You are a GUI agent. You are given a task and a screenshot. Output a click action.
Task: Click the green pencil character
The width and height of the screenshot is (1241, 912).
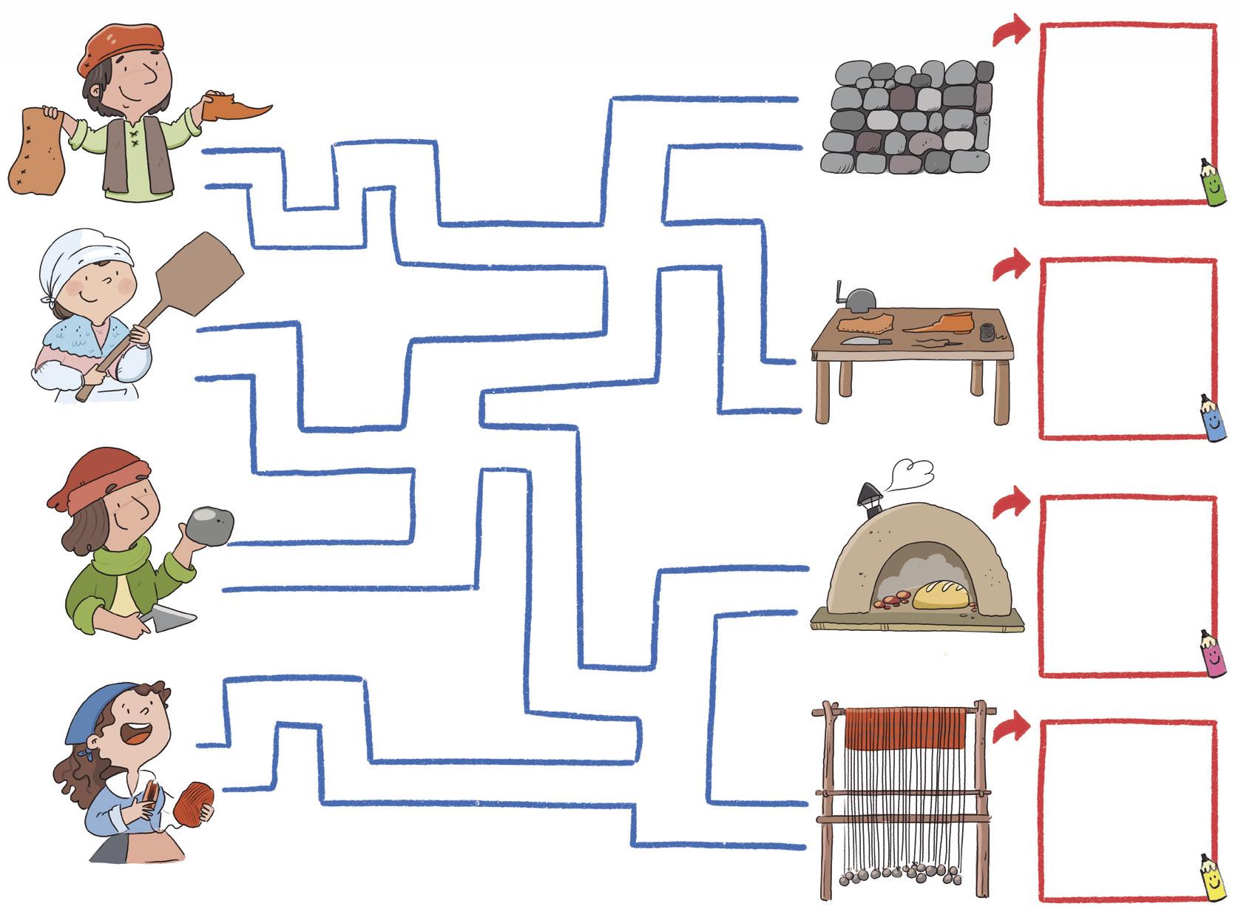click(1206, 183)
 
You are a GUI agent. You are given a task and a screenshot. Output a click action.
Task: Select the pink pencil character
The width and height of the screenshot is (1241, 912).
click(1208, 654)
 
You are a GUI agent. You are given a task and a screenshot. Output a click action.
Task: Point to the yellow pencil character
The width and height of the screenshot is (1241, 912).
click(1209, 879)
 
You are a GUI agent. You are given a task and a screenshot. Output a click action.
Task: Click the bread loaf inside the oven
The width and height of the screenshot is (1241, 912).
click(941, 594)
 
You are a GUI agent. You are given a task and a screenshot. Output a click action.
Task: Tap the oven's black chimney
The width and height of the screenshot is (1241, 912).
click(868, 497)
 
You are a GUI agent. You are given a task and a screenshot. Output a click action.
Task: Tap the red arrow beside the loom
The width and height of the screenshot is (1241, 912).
click(1010, 728)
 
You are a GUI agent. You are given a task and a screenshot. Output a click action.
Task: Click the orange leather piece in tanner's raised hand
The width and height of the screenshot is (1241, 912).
click(234, 108)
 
